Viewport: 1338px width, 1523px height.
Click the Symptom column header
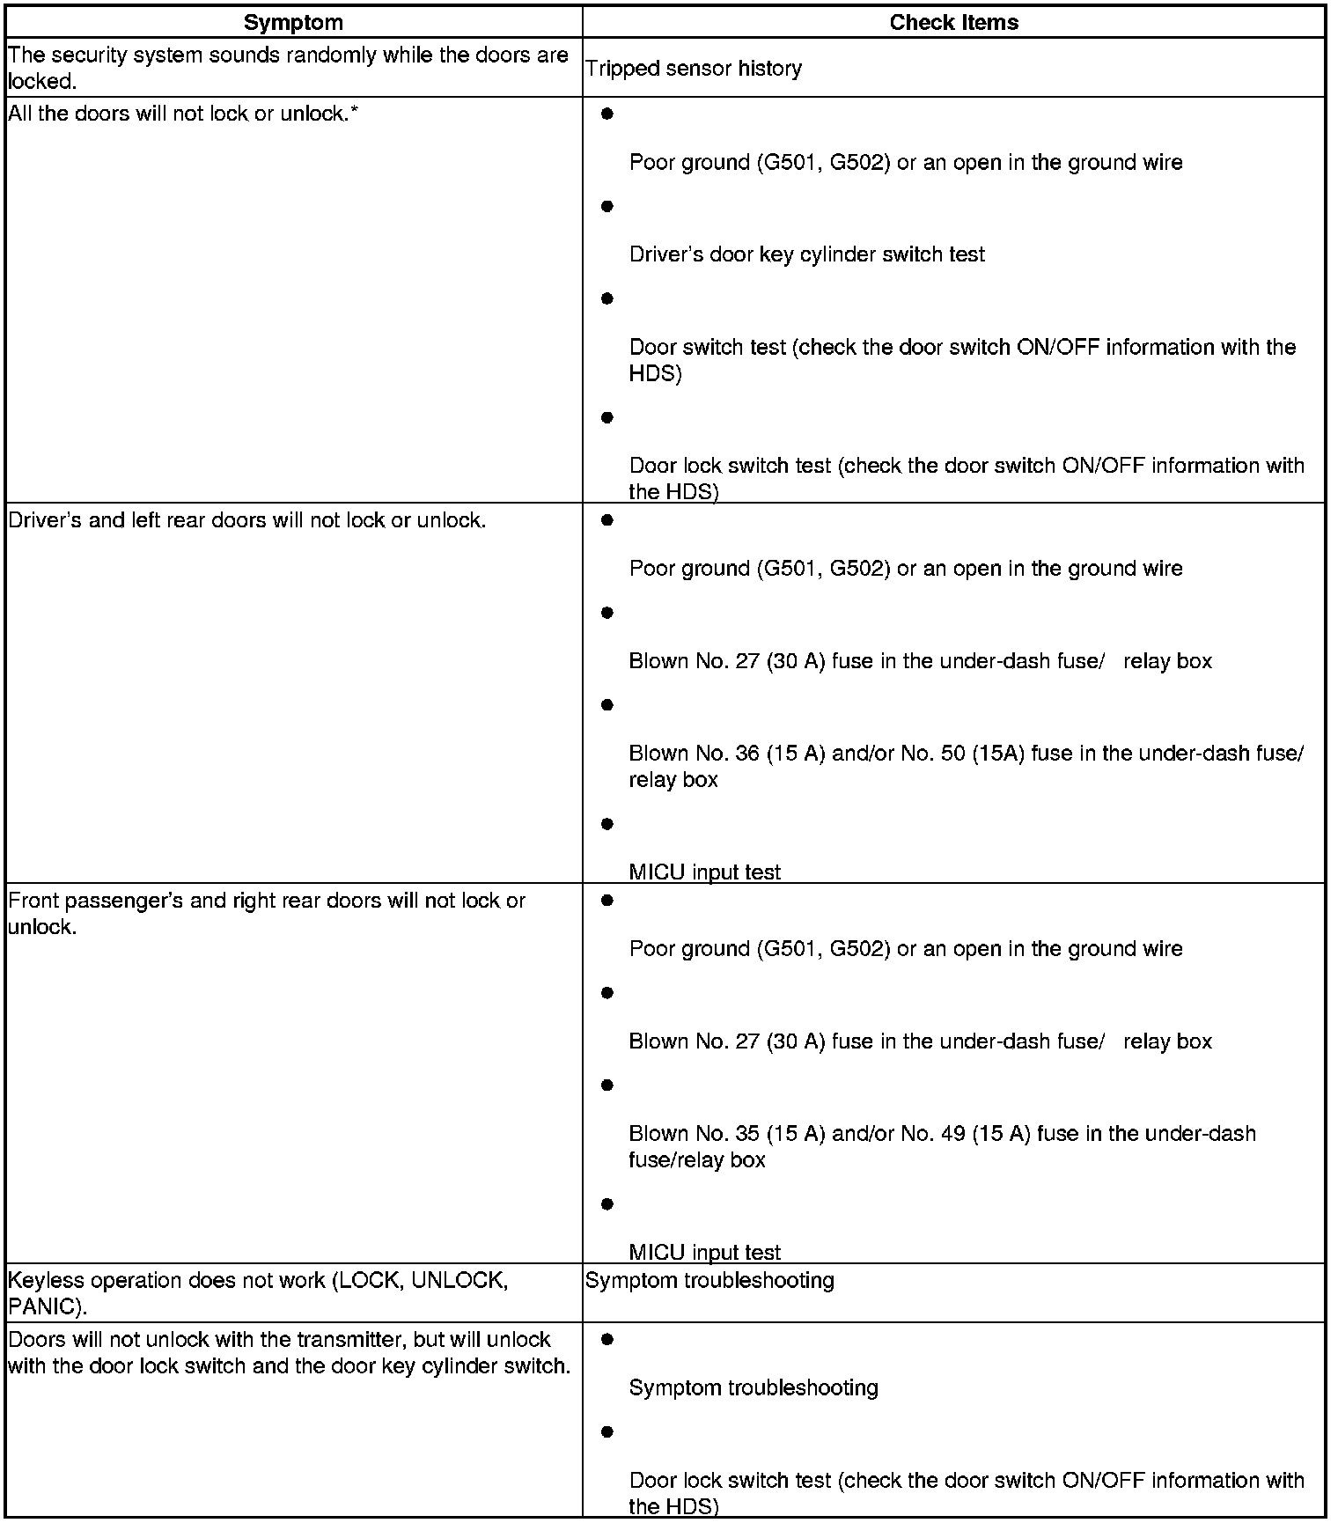click(293, 23)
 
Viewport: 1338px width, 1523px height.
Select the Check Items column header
click(953, 23)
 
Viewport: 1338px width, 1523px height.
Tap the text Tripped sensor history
click(694, 69)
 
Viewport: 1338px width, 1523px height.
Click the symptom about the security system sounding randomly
click(288, 68)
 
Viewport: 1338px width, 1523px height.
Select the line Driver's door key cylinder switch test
click(806, 254)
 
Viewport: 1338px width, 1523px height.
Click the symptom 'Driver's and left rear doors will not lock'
click(246, 520)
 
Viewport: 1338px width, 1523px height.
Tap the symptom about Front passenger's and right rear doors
click(267, 913)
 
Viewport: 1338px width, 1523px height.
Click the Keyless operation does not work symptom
click(258, 1292)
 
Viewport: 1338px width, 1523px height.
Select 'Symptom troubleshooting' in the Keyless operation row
click(709, 1280)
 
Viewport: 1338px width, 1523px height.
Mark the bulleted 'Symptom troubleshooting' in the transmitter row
click(754, 1387)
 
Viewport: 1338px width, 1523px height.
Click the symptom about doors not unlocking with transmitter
click(290, 1352)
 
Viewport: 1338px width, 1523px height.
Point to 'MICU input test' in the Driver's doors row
click(704, 872)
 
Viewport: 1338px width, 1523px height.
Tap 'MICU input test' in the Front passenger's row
click(704, 1252)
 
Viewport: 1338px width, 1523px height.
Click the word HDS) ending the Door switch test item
click(655, 373)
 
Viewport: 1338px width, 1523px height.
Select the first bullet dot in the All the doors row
click(607, 114)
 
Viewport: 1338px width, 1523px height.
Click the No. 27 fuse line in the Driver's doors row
click(920, 661)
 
